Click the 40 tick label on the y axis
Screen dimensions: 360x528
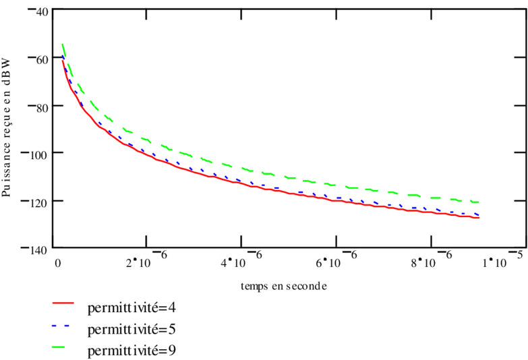[41, 13]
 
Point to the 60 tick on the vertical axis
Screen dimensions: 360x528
[41, 61]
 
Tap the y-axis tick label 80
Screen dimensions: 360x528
[41, 109]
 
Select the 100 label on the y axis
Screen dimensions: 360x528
[38, 156]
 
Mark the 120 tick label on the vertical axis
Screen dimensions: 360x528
[38, 203]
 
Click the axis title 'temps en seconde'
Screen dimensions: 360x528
[284, 286]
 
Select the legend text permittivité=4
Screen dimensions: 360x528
[132, 308]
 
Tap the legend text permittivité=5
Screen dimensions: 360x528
[132, 330]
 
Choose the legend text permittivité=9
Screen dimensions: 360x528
[132, 351]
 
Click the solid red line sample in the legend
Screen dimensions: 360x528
[68, 305]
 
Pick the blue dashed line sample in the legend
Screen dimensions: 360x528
[68, 327]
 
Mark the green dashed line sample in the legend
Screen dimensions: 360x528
[68, 348]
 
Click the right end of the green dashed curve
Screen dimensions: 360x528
[479, 202]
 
